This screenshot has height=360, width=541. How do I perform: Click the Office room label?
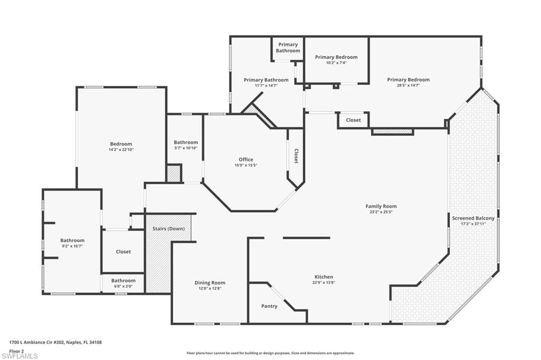click(x=246, y=159)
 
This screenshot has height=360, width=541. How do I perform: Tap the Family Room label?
click(x=381, y=206)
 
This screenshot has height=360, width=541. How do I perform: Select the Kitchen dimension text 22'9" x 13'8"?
click(x=324, y=282)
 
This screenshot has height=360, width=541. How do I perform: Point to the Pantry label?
click(x=269, y=306)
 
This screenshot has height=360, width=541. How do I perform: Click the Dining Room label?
click(x=210, y=283)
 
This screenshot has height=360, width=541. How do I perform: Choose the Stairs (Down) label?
click(x=169, y=229)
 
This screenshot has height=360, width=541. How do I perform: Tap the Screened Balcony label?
click(x=473, y=219)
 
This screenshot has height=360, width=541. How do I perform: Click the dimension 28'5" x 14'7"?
click(x=408, y=85)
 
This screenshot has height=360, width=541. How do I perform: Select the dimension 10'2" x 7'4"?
click(x=336, y=63)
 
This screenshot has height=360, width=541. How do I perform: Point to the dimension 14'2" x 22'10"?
click(x=121, y=150)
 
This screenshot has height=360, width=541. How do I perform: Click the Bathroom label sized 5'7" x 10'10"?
click(x=185, y=142)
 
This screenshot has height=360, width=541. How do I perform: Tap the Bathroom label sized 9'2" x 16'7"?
click(x=72, y=240)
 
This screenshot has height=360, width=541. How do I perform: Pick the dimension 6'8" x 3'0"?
click(x=123, y=286)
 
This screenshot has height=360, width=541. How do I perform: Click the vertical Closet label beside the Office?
click(x=296, y=156)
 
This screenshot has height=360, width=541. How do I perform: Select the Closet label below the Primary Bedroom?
click(x=353, y=120)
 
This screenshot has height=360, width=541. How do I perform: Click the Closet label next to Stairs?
click(x=123, y=252)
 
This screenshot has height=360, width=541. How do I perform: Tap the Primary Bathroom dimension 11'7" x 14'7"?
click(x=266, y=86)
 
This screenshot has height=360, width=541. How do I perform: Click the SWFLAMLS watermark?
click(x=20, y=356)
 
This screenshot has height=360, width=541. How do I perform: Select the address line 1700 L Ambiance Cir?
click(x=55, y=343)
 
